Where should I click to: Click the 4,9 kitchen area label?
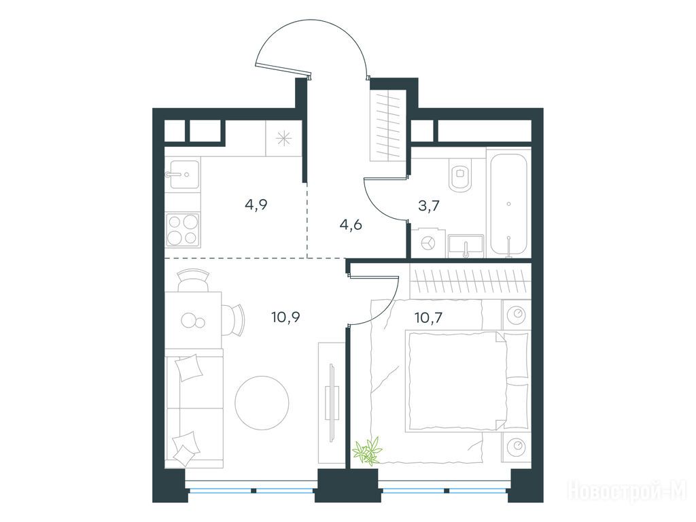pyautogui.click(x=256, y=205)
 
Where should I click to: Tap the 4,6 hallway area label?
pyautogui.click(x=351, y=224)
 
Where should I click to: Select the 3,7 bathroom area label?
pyautogui.click(x=428, y=207)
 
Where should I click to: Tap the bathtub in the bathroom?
pyautogui.click(x=508, y=203)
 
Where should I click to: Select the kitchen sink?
pyautogui.click(x=182, y=174)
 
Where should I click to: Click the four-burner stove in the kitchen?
pyautogui.click(x=182, y=229)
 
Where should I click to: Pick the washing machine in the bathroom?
pyautogui.click(x=428, y=243)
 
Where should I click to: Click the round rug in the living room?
pyautogui.click(x=262, y=402)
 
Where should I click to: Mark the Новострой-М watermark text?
pyautogui.click(x=627, y=491)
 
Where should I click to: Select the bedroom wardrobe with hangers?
pyautogui.click(x=470, y=281)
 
